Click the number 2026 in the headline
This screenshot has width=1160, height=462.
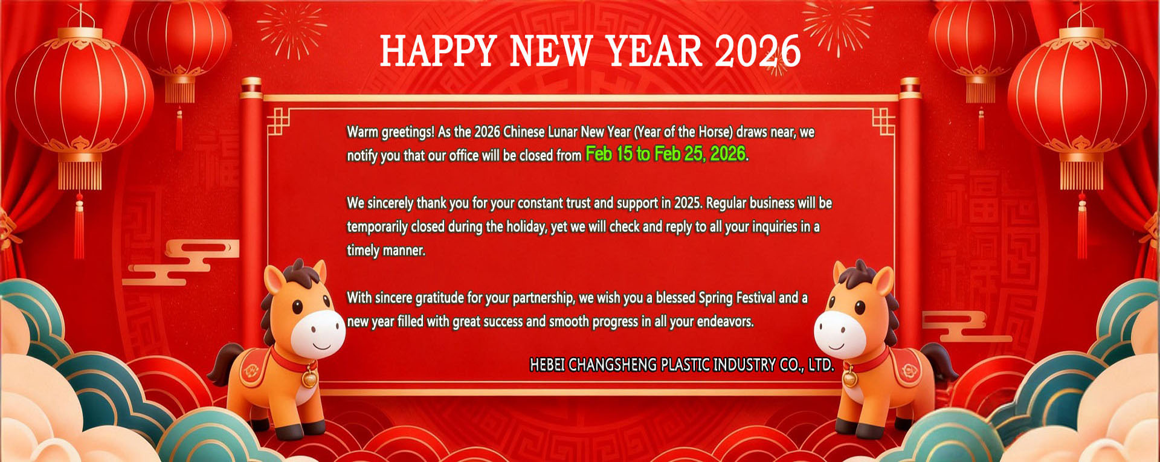[758, 51]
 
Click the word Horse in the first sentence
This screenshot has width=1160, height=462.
[715, 132]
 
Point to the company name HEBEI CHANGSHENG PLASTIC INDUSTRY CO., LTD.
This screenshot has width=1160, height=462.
[682, 365]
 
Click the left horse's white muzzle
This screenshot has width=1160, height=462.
[321, 333]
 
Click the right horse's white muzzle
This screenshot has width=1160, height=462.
[837, 333]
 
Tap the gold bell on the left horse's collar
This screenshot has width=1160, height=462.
[310, 378]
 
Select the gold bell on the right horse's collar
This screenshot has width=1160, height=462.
[850, 378]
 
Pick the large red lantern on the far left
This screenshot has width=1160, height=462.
[80, 97]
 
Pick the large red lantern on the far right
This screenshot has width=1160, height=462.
[1078, 97]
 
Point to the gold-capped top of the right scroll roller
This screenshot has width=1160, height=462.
[909, 88]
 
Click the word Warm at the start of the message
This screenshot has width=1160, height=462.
[362, 132]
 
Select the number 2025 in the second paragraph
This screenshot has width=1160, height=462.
[688, 203]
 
